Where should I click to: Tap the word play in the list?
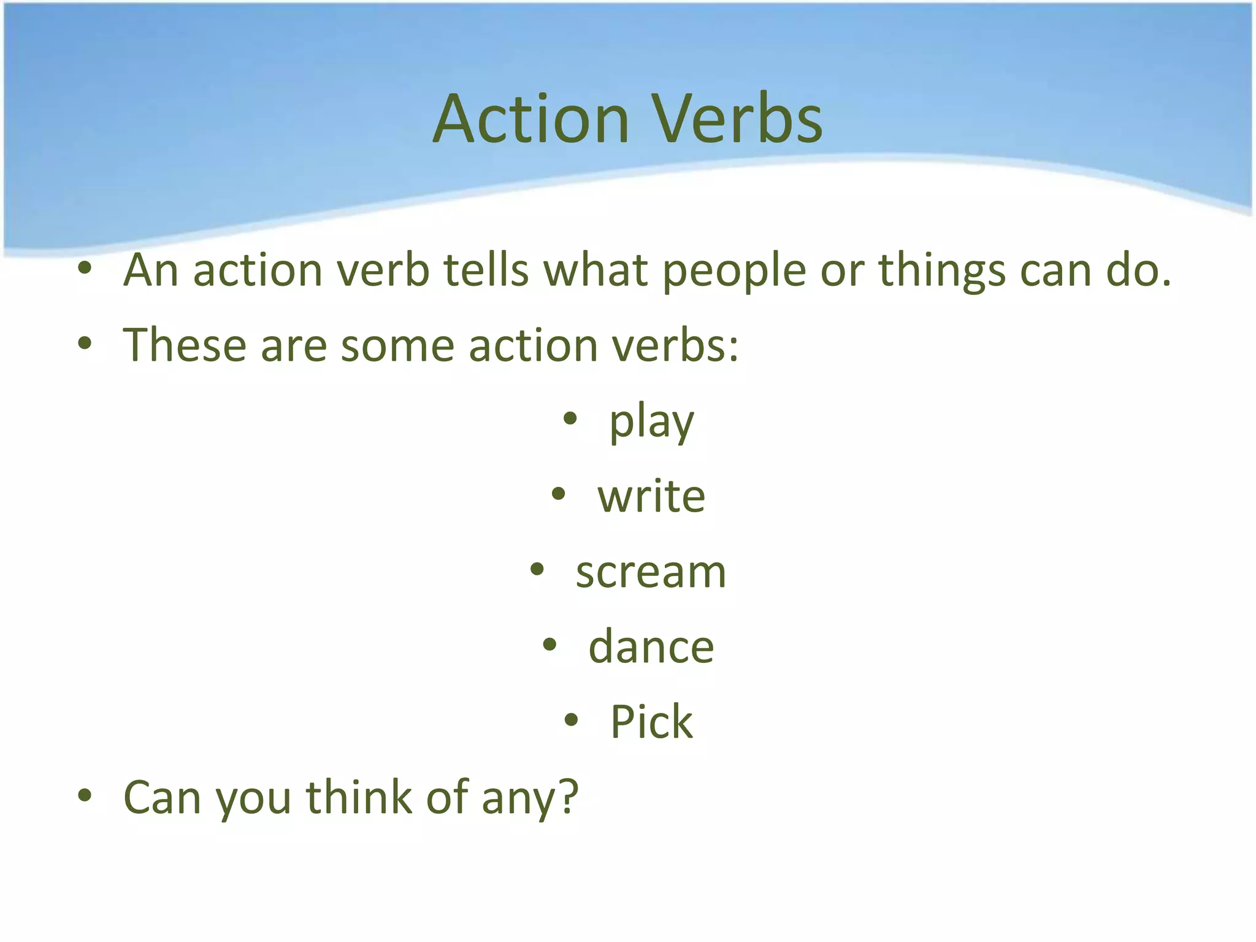[651, 423]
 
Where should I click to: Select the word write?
[651, 496]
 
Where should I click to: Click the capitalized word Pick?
[651, 722]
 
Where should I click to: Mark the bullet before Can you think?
[85, 795]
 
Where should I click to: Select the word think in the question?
[359, 797]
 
